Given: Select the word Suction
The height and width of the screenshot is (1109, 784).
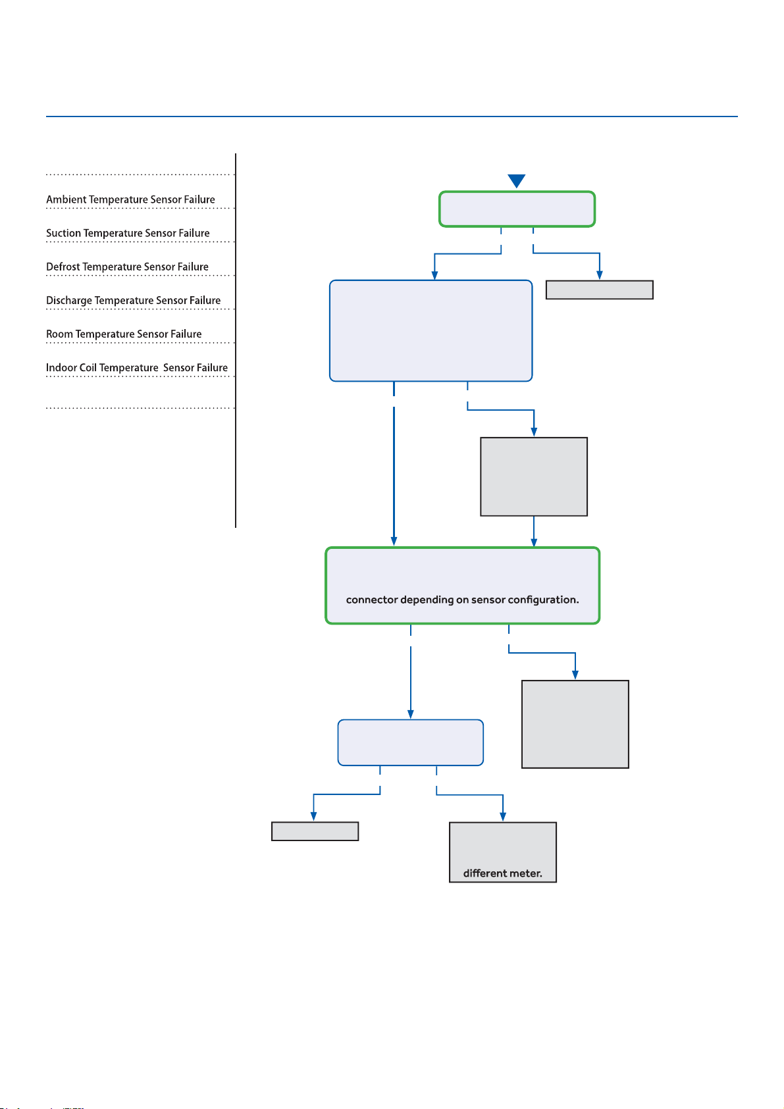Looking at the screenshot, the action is [63, 233].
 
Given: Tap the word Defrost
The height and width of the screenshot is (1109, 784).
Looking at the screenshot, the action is [63, 267].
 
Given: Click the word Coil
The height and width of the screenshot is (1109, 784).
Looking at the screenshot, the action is [88, 368].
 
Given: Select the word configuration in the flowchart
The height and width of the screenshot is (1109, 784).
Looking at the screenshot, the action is [543, 600].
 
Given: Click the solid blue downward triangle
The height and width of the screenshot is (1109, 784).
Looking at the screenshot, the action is [517, 180].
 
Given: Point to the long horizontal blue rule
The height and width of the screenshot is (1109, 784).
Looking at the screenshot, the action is [392, 117].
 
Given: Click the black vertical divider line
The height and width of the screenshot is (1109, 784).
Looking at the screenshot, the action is [236, 341].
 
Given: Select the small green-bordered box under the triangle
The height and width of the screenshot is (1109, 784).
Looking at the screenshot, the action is [517, 209].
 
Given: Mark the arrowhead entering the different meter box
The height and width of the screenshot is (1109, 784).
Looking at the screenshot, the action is [503, 817].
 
